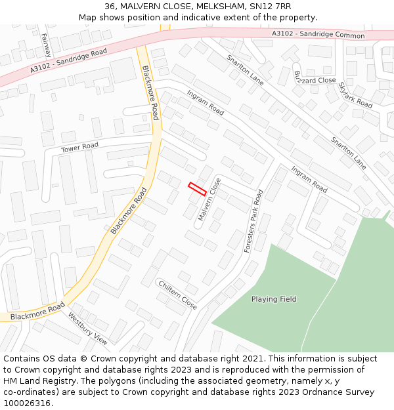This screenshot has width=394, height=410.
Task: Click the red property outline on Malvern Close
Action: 197,188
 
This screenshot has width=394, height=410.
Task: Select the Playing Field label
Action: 274,299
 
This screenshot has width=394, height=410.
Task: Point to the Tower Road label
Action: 79,148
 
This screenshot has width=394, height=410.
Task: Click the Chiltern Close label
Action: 177,295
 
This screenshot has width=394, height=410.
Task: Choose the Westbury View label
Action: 87,328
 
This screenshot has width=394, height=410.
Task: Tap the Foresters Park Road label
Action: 253,221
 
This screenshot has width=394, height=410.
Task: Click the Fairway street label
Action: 45,45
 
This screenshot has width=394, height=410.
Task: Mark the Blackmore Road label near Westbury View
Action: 37,310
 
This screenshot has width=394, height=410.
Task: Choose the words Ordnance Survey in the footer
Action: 341,392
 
